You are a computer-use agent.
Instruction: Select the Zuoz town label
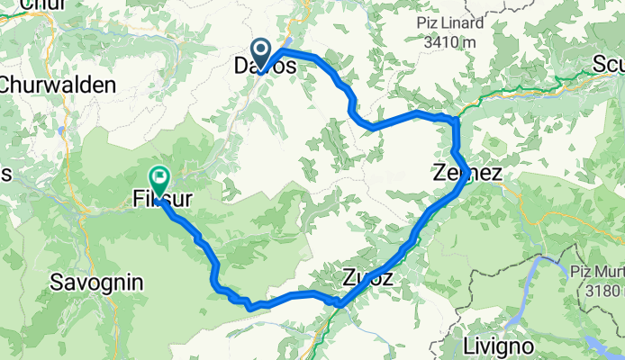[367, 278]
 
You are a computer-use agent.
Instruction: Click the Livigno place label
[499, 346]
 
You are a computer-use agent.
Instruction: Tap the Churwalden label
[58, 85]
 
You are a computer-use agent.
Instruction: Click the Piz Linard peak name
[450, 22]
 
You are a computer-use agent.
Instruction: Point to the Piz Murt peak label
[595, 270]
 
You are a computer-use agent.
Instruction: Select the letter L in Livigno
[467, 346]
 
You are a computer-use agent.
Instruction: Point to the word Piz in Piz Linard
[428, 22]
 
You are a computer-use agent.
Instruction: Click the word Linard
[462, 22]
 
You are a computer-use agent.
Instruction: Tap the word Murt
[608, 270]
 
